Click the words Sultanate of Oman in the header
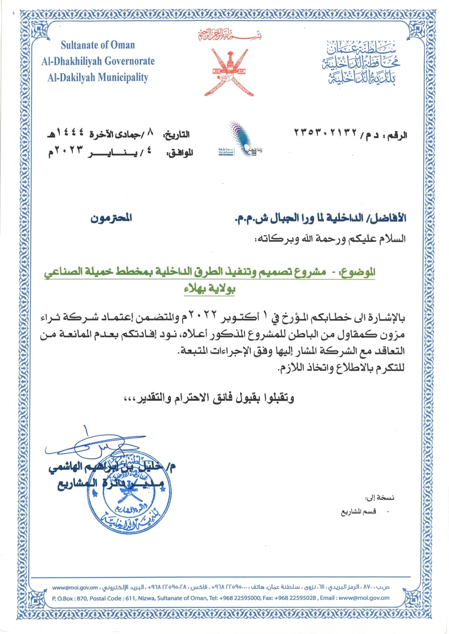(98, 45)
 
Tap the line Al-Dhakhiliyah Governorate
(98, 61)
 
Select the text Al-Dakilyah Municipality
(98, 77)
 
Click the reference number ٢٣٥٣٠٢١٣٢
(326, 133)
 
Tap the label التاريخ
(176, 135)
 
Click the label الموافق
(180, 153)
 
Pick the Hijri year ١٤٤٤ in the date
(69, 133)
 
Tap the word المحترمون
(111, 218)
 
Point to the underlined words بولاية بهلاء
(210, 288)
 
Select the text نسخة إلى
(380, 497)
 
